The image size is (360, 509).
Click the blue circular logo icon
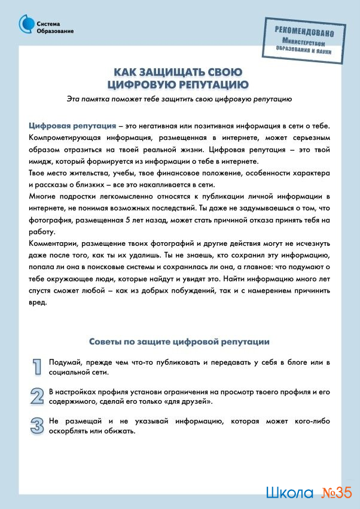[x=27, y=24]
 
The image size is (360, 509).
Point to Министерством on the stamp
[x=304, y=44]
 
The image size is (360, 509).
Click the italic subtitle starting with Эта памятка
[x=179, y=98]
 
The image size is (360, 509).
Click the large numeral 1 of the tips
[x=37, y=367]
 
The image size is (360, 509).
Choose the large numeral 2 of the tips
[x=37, y=396]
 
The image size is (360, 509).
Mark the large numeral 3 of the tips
[x=37, y=425]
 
